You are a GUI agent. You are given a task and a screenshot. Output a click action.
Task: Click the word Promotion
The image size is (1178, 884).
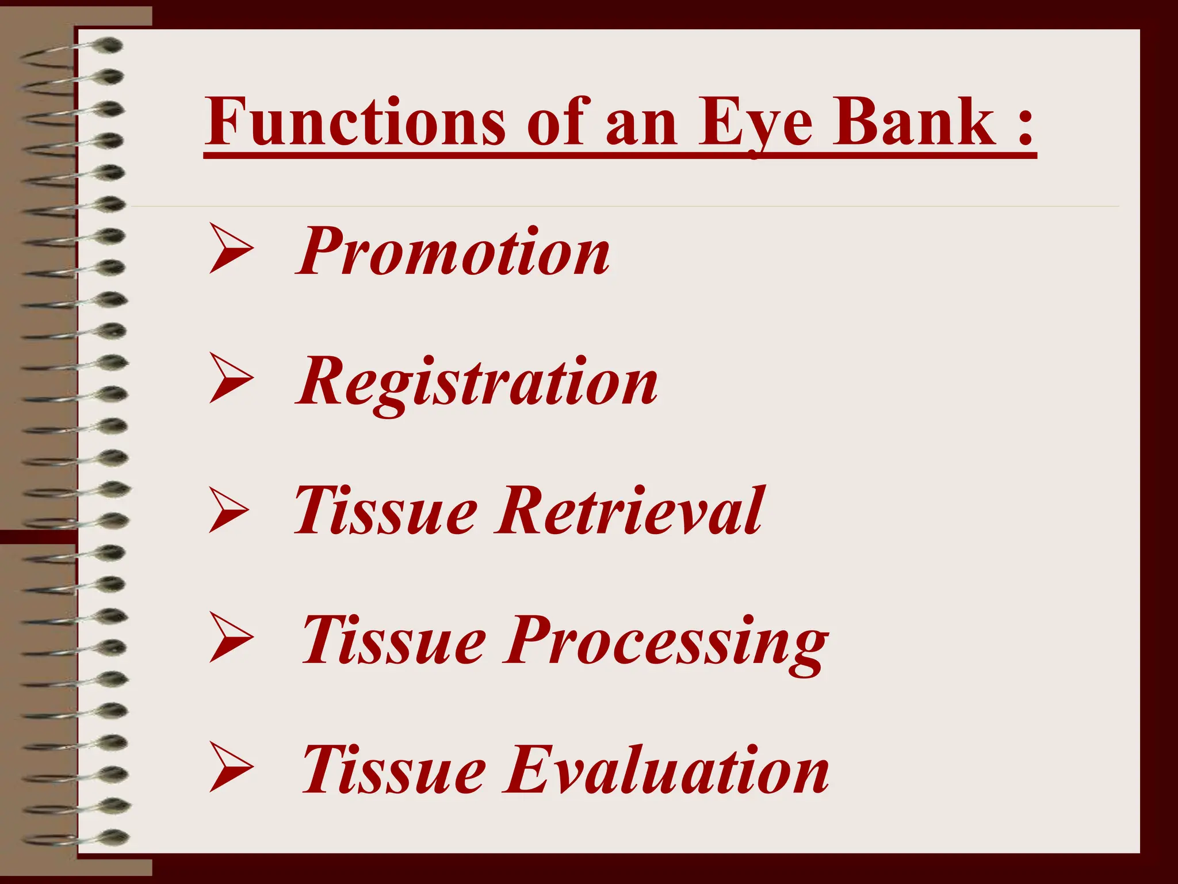click(453, 252)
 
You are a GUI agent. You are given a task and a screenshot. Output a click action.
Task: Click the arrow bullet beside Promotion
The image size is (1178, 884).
click(230, 249)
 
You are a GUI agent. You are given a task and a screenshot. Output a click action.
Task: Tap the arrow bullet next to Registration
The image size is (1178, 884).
click(230, 378)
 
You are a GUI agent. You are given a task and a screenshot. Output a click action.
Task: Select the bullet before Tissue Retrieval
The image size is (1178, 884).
click(229, 509)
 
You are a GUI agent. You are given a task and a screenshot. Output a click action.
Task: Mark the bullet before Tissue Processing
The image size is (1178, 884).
click(230, 638)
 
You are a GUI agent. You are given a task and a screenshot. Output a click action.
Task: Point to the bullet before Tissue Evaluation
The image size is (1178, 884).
click(230, 767)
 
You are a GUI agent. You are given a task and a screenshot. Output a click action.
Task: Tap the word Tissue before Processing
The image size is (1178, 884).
click(393, 639)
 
